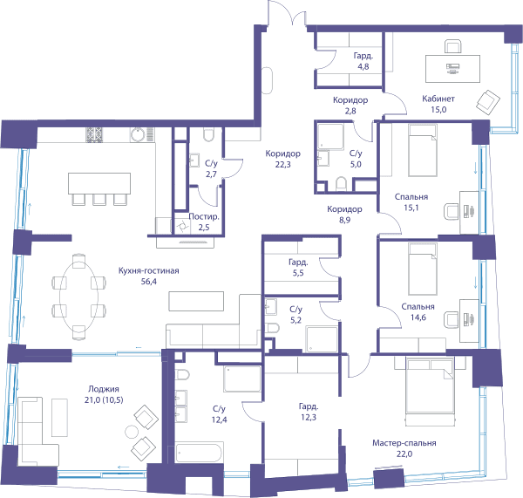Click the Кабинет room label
pos(438,99)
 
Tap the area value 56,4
pos(149,282)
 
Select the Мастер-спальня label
pos(404,443)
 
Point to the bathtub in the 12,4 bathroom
pos(199,453)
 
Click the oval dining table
pos(79,297)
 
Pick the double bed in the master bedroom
pos(431,392)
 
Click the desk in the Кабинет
pos(452,69)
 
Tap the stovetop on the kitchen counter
pos(94,134)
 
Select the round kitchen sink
pos(138,134)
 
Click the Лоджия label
pos(104,389)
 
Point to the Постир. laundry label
pos(204,216)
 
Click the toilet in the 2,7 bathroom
pos(208,134)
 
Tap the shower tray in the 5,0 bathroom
pos(330,137)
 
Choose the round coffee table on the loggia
pos(132,432)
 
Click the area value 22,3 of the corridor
pos(282,164)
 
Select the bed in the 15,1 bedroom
pos(423,150)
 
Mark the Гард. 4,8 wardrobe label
pos(363,61)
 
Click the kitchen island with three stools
pos(99,188)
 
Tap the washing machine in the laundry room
pos(182,227)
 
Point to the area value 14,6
pos(418,317)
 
